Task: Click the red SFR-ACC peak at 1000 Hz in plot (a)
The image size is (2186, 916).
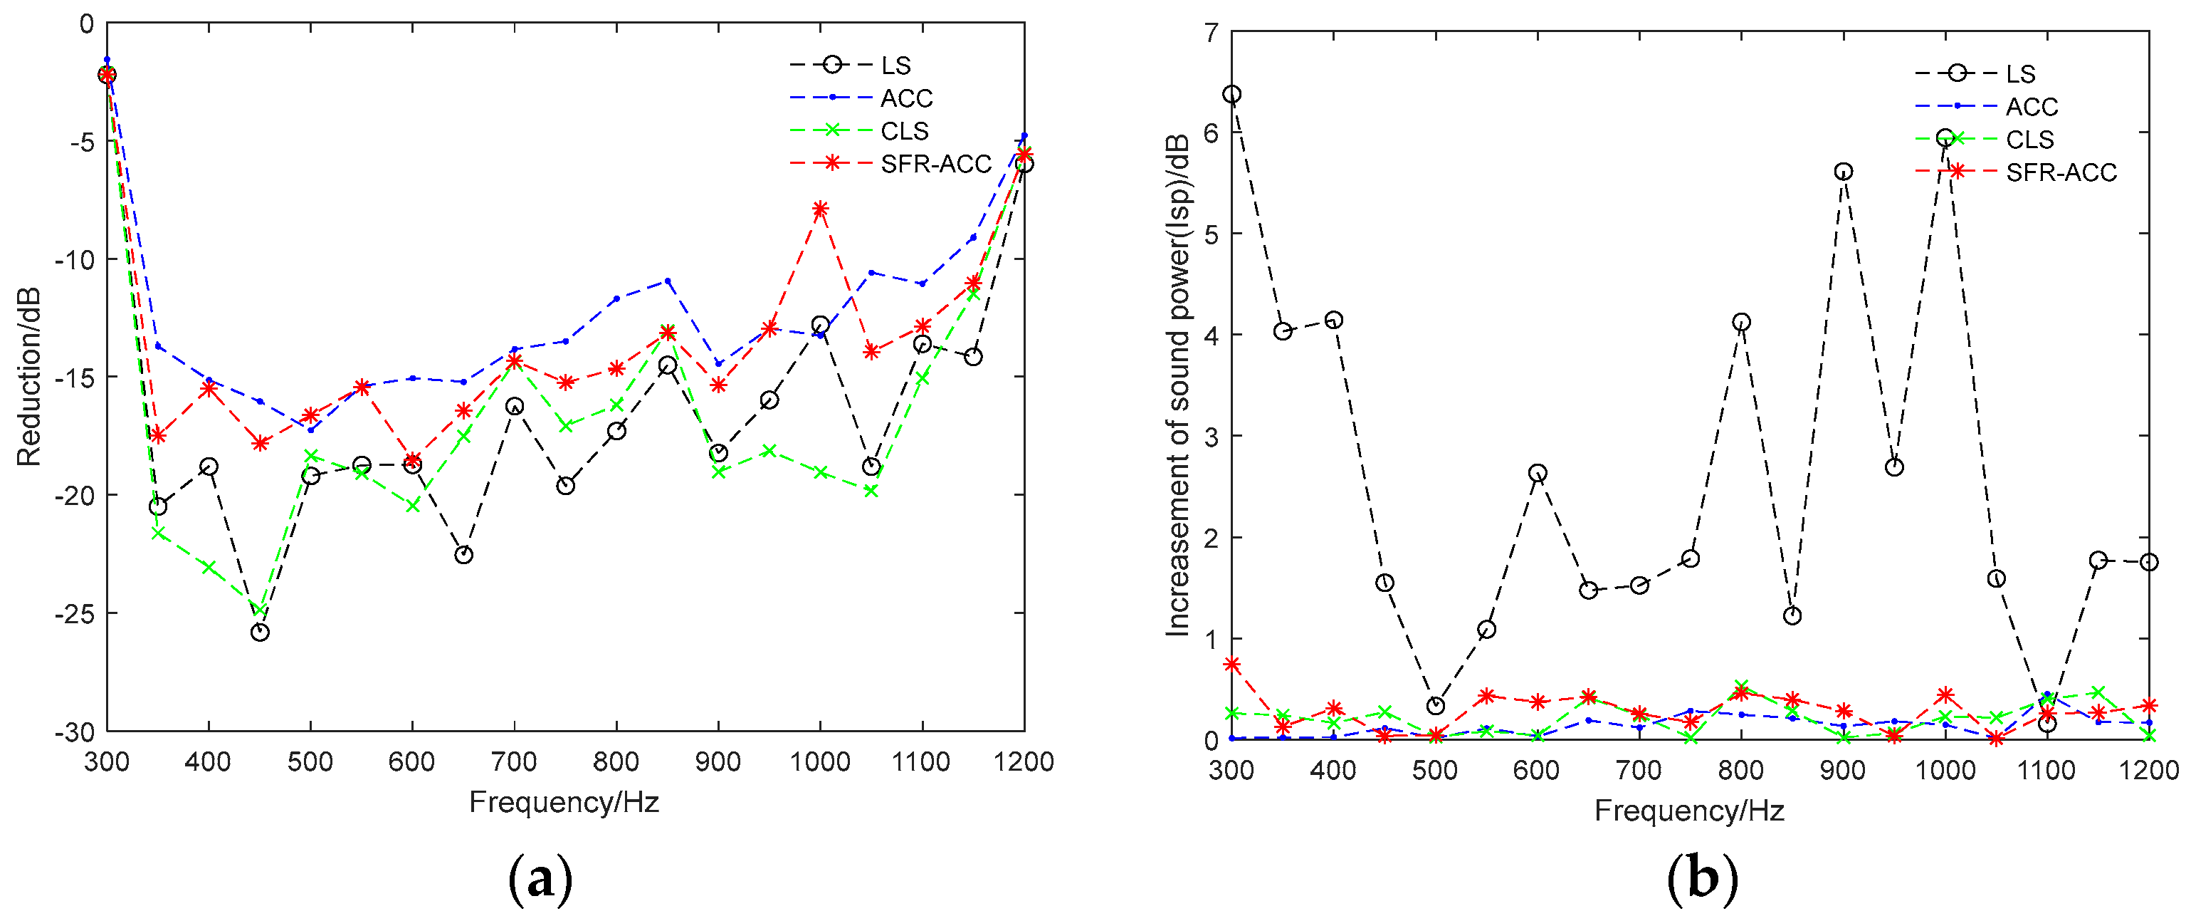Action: pos(820,209)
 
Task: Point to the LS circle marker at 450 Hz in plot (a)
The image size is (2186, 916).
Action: pos(260,633)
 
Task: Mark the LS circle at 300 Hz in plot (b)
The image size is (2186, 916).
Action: pos(1231,94)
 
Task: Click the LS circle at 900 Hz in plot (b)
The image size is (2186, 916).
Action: pos(1843,172)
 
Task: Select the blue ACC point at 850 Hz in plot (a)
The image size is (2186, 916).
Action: pos(668,280)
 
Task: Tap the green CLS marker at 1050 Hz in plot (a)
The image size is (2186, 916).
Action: pos(871,491)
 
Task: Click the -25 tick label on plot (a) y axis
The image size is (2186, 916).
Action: pos(75,613)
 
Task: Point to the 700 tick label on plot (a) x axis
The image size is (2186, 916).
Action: pos(514,761)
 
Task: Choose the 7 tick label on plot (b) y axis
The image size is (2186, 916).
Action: pos(1210,33)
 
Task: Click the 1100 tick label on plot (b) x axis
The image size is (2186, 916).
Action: pos(2046,770)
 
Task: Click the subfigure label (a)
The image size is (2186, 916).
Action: pos(540,880)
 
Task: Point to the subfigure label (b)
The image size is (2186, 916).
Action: pos(1702,880)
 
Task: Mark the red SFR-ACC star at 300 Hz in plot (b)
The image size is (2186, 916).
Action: pos(1232,664)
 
